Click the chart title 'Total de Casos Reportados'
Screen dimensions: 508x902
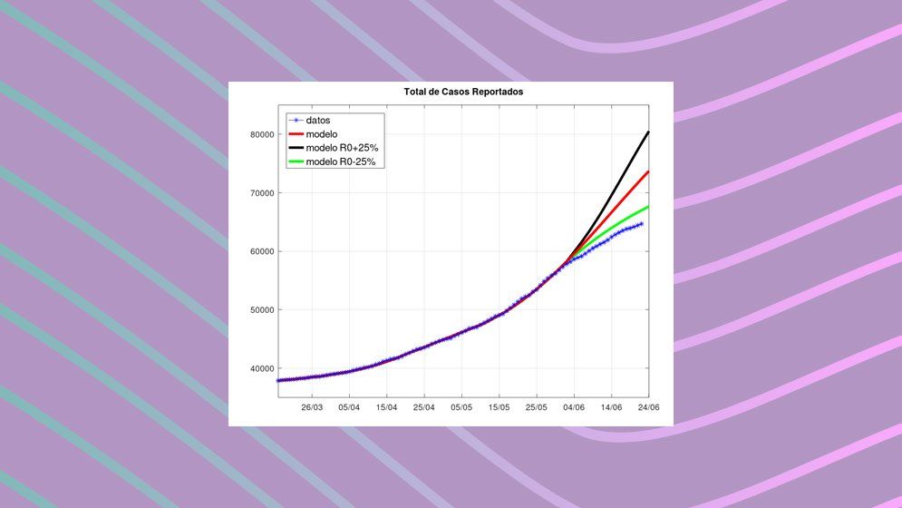tap(463, 93)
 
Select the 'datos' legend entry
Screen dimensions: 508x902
tap(318, 120)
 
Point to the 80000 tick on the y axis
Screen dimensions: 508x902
tap(262, 134)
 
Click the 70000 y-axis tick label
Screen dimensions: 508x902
tap(262, 193)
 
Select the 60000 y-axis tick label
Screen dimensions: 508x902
tap(262, 251)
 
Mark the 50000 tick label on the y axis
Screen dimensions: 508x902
tap(262, 310)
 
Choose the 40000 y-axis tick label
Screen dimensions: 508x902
tap(262, 368)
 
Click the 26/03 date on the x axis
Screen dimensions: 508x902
tap(313, 407)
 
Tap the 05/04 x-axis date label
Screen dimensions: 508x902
tap(350, 407)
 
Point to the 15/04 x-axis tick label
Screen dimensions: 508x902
tap(387, 407)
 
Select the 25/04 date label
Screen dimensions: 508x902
tap(424, 407)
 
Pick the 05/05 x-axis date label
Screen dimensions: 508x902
tap(461, 407)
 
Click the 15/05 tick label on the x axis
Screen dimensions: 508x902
tap(499, 407)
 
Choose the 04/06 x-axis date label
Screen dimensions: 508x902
tap(573, 407)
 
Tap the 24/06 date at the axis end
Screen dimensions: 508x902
tap(647, 407)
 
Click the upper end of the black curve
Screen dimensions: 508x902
tap(648, 132)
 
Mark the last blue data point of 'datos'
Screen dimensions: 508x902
tap(641, 223)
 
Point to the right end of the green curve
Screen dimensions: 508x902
tap(648, 207)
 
